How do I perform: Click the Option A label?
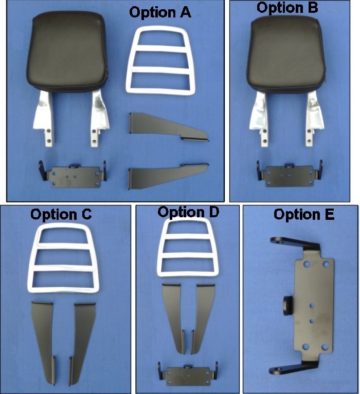click(160, 12)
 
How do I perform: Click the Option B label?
click(287, 8)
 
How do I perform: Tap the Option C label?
click(61, 214)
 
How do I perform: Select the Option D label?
click(188, 212)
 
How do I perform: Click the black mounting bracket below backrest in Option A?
click(73, 172)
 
